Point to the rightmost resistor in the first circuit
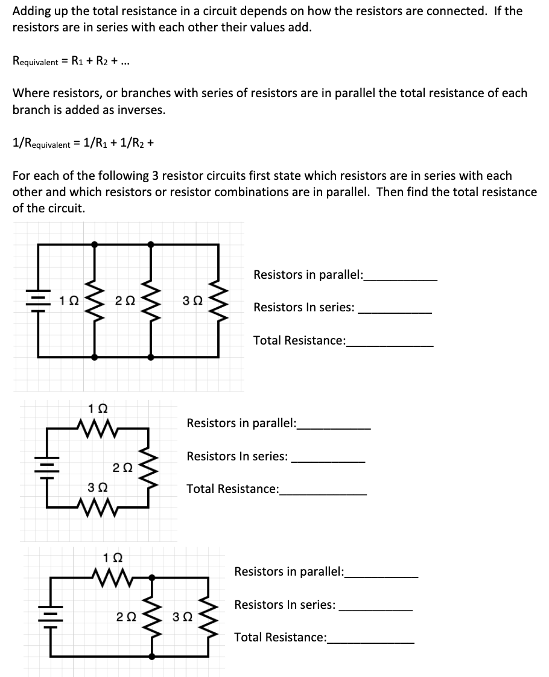point(218,300)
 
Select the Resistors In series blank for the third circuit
point(376,606)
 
